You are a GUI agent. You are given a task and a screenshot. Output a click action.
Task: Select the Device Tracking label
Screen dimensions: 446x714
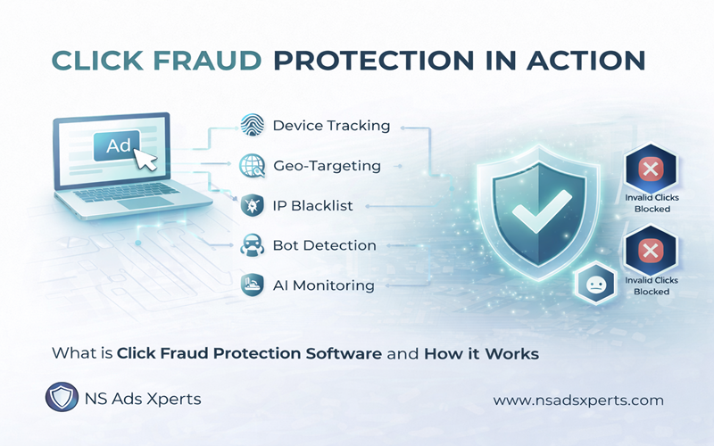point(331,126)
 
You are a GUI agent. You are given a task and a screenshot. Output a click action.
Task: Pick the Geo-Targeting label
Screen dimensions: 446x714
point(327,165)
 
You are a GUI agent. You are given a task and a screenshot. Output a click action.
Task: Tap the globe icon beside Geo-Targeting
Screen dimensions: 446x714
point(251,165)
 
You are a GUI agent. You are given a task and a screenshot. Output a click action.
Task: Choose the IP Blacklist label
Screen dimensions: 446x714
point(312,205)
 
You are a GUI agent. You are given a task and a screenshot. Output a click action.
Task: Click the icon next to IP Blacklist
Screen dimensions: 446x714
point(251,205)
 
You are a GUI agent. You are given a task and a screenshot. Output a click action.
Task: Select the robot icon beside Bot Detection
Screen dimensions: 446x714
point(251,245)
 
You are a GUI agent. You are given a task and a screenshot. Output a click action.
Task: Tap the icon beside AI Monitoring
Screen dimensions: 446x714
point(251,285)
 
